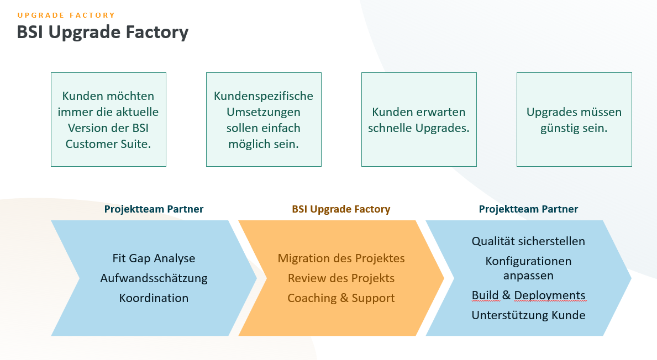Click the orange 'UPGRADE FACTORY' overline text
(x=66, y=15)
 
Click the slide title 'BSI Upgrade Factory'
(x=103, y=32)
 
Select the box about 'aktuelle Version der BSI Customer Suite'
(x=108, y=119)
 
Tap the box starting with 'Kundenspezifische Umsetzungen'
(x=264, y=119)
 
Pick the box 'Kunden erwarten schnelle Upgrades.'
(x=419, y=119)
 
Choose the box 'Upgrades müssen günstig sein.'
(x=574, y=119)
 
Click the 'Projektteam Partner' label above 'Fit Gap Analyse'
(x=154, y=209)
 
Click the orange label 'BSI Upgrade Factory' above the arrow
(x=341, y=209)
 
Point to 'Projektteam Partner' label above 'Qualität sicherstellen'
(x=528, y=209)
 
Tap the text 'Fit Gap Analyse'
(x=154, y=258)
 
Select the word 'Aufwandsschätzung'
(x=154, y=278)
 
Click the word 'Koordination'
(x=154, y=298)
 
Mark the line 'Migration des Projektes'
(x=341, y=258)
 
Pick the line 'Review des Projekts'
(x=341, y=278)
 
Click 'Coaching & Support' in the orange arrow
(x=341, y=298)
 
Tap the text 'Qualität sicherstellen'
(x=528, y=241)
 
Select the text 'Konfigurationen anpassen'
(x=528, y=268)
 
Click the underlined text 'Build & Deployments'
(x=528, y=295)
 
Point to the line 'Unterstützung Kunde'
(x=528, y=315)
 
